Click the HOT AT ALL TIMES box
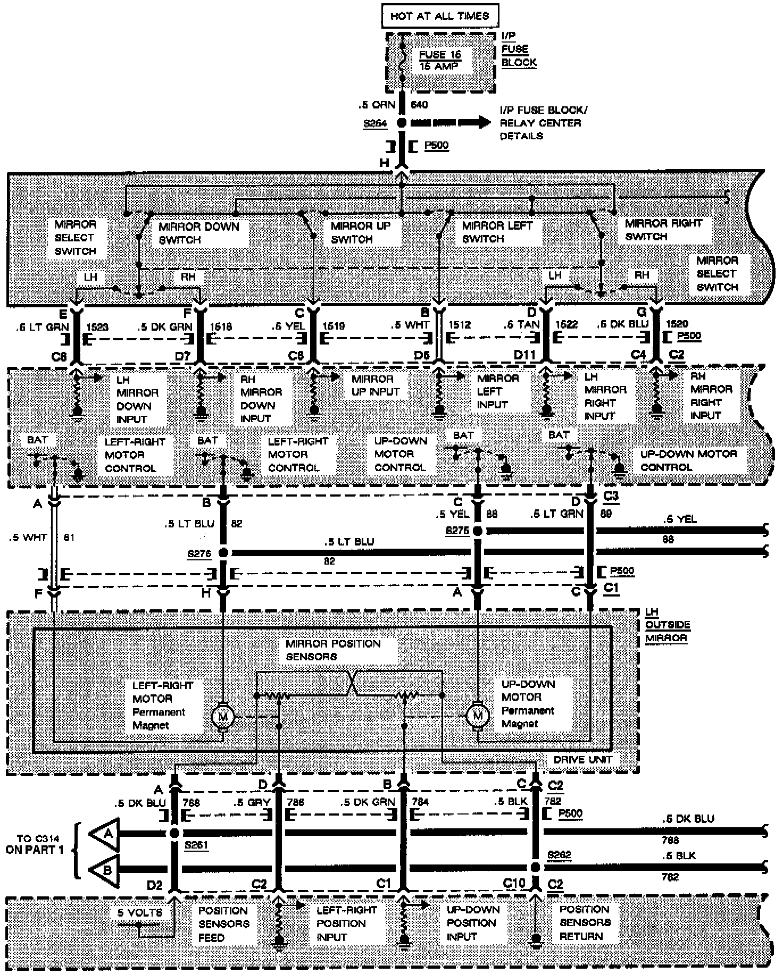(439, 16)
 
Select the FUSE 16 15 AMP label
(439, 61)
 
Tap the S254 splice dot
(402, 123)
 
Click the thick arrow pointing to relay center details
(450, 123)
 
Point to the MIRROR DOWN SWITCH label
(199, 233)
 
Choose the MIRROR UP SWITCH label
(360, 232)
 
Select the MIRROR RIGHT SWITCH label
(663, 230)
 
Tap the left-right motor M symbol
(222, 717)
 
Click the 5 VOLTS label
(140, 912)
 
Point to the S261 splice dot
(174, 834)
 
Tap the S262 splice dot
(536, 867)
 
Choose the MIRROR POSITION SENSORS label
(333, 650)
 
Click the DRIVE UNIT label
(582, 760)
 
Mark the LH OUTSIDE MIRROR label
(667, 625)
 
